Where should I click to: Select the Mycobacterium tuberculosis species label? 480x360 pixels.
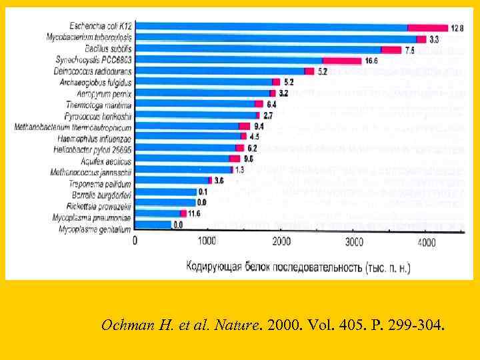coord(89,38)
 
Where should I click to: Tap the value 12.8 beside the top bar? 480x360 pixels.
coord(456,28)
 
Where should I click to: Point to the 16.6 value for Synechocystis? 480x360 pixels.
coord(371,61)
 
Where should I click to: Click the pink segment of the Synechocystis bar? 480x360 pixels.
coord(342,61)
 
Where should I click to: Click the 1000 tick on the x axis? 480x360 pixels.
coord(206,242)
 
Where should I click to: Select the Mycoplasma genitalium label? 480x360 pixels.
coord(96,229)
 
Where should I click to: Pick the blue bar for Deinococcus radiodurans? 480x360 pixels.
coord(220,71)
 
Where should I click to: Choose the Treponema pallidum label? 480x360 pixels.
coord(100,183)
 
